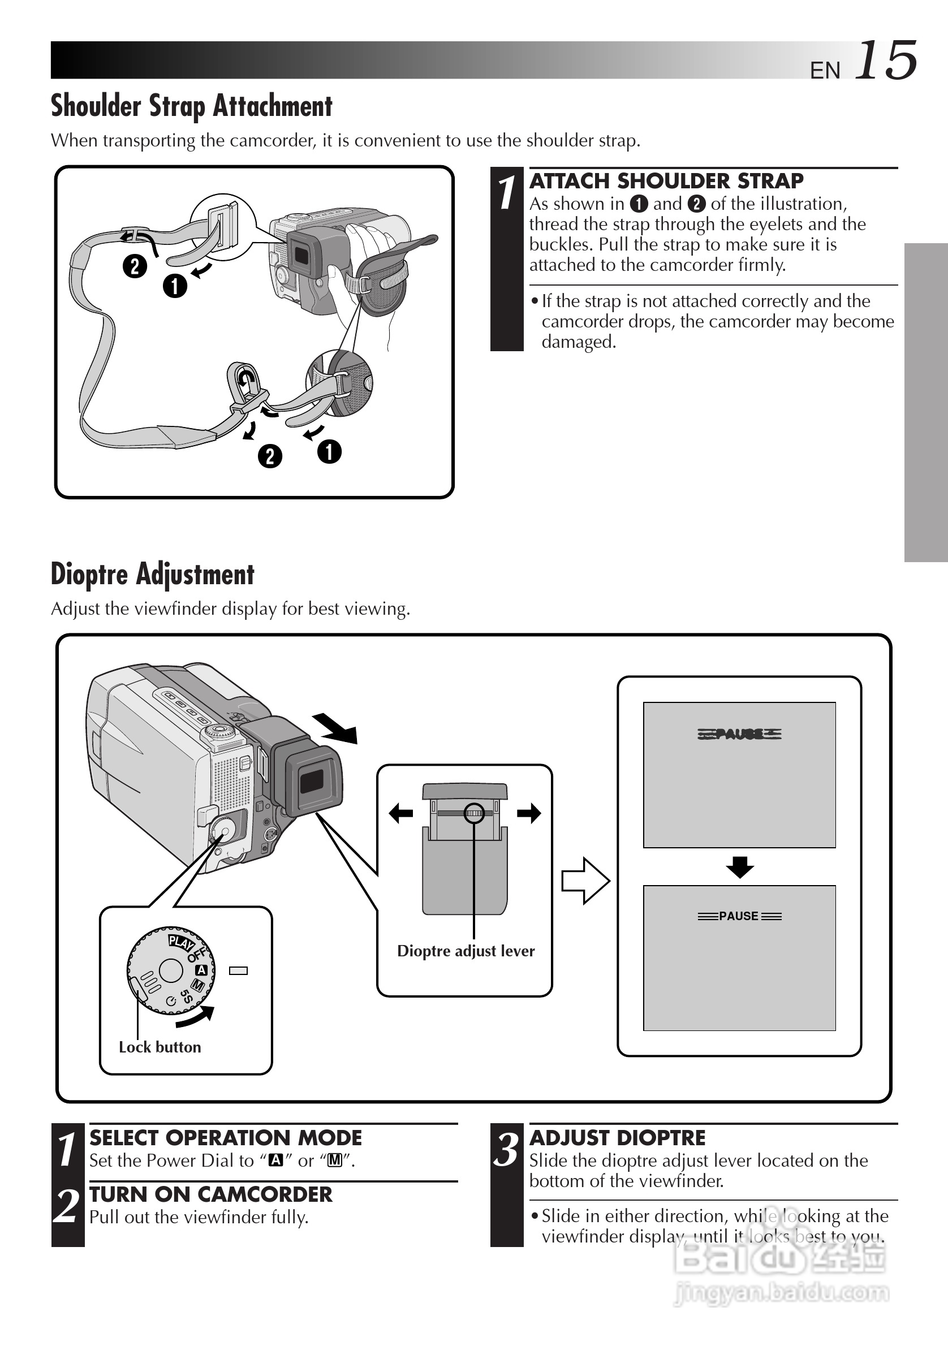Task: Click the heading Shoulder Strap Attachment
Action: click(192, 106)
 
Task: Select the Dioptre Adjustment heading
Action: click(152, 574)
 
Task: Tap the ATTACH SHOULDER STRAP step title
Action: click(666, 180)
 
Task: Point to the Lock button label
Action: click(160, 1046)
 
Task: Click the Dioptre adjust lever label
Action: click(466, 950)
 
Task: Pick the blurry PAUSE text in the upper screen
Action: click(739, 734)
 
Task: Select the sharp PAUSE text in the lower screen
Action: click(739, 916)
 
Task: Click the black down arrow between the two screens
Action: click(739, 866)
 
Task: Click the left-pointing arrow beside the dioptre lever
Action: click(401, 813)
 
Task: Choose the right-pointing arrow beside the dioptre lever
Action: click(529, 813)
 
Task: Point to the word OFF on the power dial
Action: click(197, 955)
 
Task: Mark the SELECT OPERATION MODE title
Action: click(226, 1138)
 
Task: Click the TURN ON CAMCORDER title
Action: click(210, 1194)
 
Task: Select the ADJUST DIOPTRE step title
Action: click(617, 1138)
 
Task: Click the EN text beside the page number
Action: click(824, 70)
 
